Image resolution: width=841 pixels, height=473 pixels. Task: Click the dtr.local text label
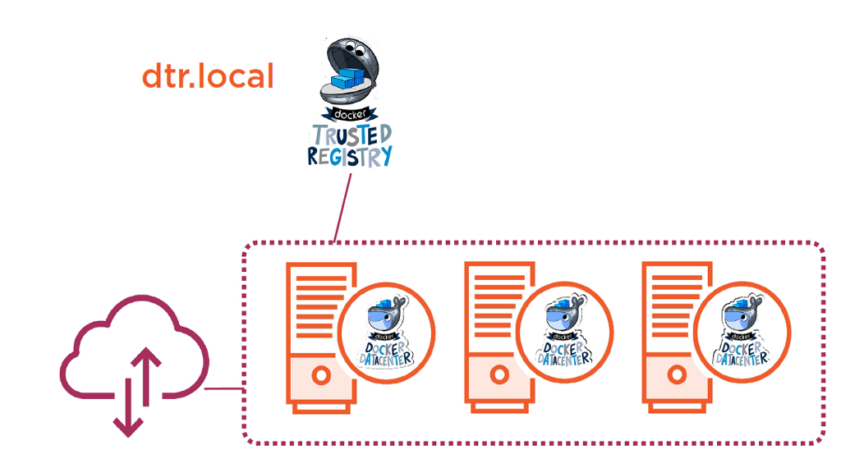(x=207, y=76)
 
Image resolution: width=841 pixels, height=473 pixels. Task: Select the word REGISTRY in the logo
(x=350, y=156)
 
